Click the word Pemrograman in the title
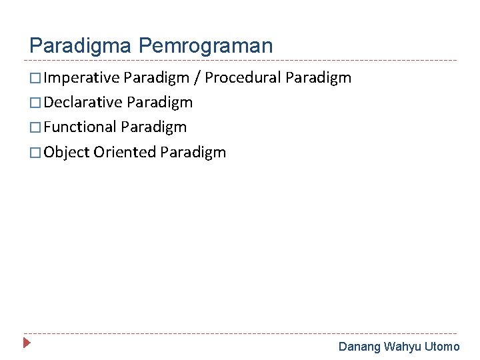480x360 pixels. click(x=206, y=46)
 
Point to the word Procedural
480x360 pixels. click(x=243, y=78)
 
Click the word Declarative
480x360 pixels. click(x=83, y=103)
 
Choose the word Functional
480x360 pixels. click(x=81, y=127)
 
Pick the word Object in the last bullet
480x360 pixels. click(x=67, y=153)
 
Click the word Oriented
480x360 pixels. click(x=125, y=153)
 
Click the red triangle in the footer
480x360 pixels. click(x=27, y=344)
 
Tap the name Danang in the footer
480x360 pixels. click(x=360, y=347)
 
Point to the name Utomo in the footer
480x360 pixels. click(x=443, y=347)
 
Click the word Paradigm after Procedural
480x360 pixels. click(x=318, y=78)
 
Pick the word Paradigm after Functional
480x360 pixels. click(x=154, y=127)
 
